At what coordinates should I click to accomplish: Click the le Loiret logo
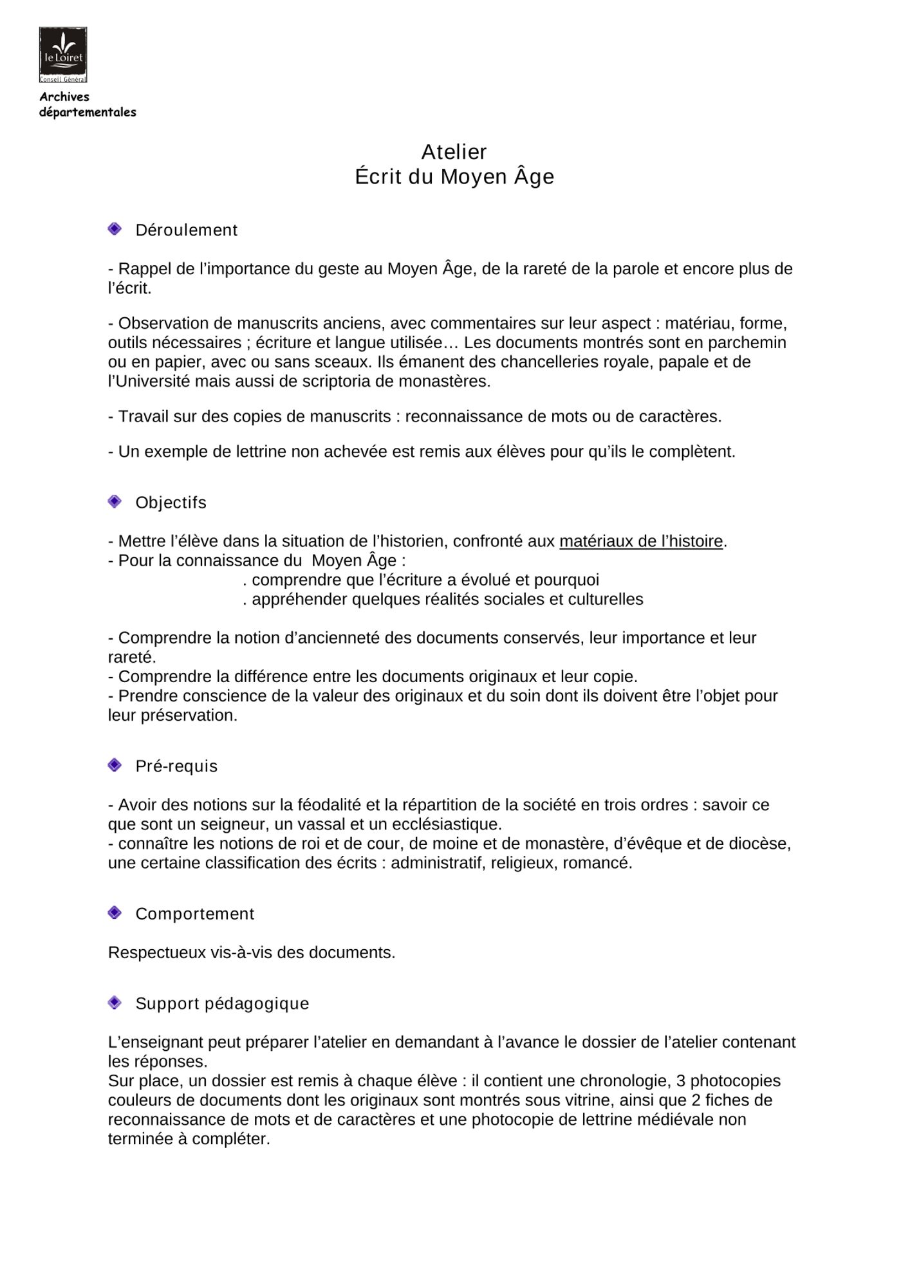pyautogui.click(x=63, y=55)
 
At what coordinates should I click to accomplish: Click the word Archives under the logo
pyautogui.click(x=64, y=97)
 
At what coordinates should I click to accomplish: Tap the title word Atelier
pyautogui.click(x=454, y=152)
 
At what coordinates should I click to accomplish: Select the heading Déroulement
pyautogui.click(x=186, y=230)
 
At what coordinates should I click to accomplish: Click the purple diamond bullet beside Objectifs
pyautogui.click(x=115, y=501)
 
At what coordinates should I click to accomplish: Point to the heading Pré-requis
pyautogui.click(x=176, y=766)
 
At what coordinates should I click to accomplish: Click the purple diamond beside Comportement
pyautogui.click(x=115, y=912)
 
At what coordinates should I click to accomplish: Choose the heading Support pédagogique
pyautogui.click(x=222, y=1004)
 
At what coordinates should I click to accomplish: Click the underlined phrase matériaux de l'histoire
pyautogui.click(x=641, y=542)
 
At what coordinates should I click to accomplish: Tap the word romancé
pyautogui.click(x=597, y=863)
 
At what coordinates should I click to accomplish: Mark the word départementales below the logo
pyautogui.click(x=88, y=113)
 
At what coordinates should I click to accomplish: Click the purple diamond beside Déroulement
pyautogui.click(x=115, y=229)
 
